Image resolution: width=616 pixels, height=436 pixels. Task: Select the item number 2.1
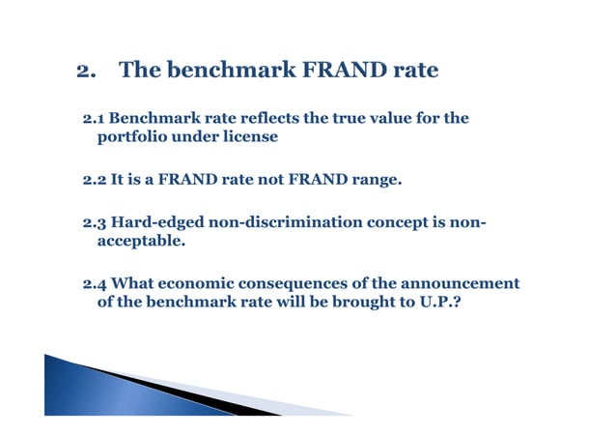pos(94,119)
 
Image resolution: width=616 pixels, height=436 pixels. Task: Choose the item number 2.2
pos(94,180)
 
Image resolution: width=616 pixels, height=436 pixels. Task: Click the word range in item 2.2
pos(374,180)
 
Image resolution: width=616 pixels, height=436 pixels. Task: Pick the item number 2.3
pos(94,224)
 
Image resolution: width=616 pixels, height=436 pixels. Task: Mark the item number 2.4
pos(95,284)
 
